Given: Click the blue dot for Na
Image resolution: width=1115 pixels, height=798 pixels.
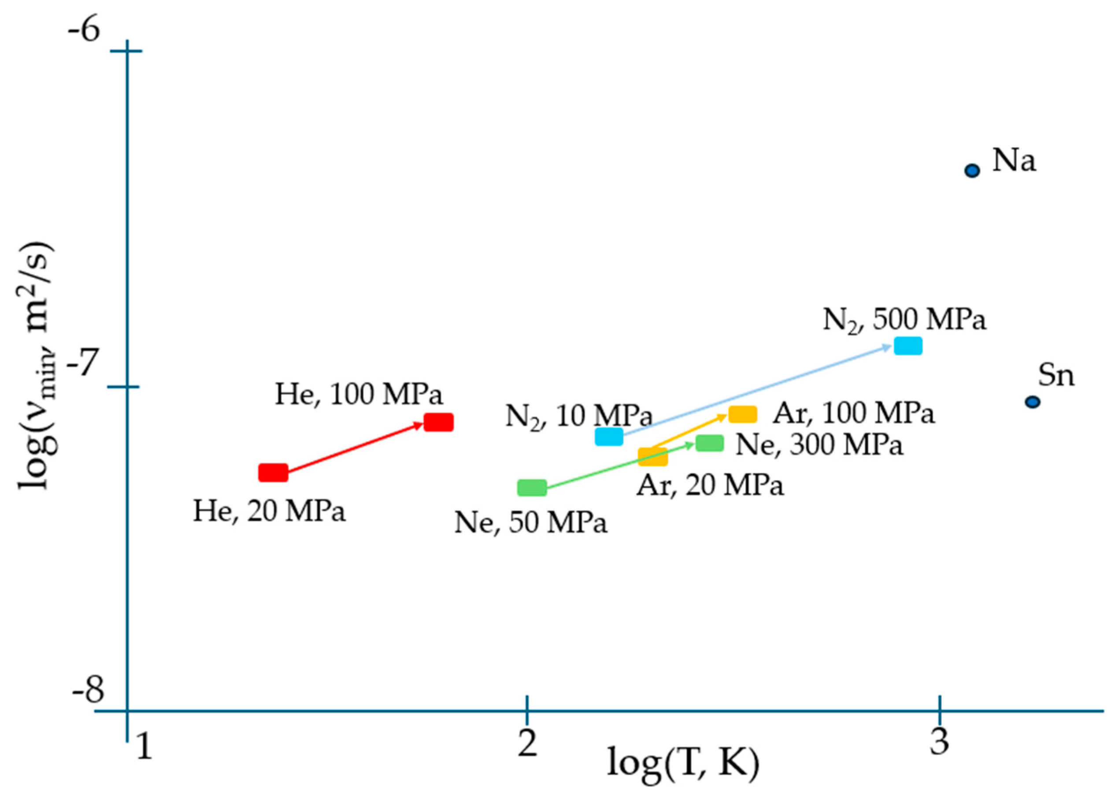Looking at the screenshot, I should coord(972,171).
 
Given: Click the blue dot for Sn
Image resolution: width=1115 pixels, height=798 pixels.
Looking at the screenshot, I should coord(1033,402).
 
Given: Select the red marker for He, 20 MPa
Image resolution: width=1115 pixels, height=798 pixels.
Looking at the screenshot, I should coord(273,472).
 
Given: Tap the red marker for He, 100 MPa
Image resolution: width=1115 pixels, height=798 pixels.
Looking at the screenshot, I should coord(438,422).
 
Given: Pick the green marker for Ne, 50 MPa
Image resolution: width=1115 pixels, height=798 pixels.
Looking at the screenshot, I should coord(532,488).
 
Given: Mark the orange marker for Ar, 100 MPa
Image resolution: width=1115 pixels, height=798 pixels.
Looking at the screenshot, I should coord(743,414).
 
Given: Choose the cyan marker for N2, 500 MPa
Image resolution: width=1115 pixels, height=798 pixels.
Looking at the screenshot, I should coord(908,346).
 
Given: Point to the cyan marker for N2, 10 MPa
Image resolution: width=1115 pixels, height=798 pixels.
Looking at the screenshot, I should coord(609,436).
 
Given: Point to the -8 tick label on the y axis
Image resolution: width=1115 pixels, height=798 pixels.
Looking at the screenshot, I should coord(88,690).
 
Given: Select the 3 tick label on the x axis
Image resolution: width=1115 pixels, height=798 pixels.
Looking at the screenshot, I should coord(939,742).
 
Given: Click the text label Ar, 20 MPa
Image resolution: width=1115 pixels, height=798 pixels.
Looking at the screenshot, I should coord(710,486).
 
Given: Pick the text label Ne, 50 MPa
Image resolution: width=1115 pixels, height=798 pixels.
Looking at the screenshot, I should coord(531,522).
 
